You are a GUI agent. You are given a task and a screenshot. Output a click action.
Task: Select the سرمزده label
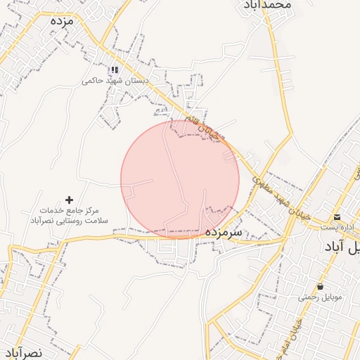pos(224,231)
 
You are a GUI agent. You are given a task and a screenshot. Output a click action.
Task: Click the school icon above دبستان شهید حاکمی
pos(114,70)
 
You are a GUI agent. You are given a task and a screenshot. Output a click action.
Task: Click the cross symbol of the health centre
pos(69,200)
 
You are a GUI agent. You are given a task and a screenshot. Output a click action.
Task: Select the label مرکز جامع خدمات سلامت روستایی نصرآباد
pos(69,216)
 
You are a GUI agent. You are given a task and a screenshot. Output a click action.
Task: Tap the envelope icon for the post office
pos(337,217)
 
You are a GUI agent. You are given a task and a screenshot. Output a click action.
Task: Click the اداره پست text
pos(335,226)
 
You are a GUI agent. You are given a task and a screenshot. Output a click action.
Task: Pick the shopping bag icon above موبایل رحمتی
pos(321,286)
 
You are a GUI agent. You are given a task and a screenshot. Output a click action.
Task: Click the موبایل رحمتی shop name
pos(320,297)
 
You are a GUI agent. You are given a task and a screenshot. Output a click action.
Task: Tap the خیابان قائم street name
pos(204,127)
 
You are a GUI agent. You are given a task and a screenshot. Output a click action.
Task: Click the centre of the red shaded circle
pos(180,179)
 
